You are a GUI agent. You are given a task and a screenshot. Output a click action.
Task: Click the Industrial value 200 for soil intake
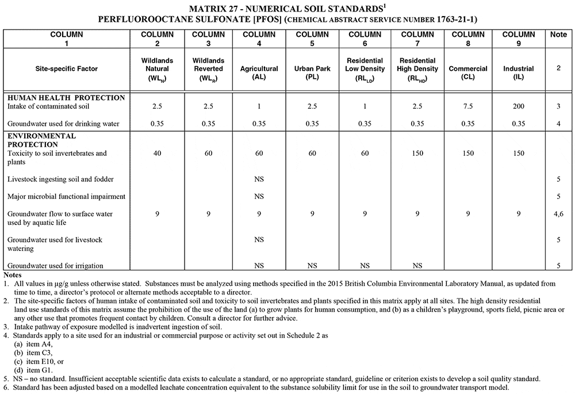[519, 106]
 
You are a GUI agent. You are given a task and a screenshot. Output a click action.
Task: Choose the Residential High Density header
[418, 69]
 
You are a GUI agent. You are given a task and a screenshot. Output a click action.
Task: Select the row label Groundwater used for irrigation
[56, 265]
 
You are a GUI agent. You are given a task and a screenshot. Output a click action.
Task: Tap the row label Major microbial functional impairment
[66, 196]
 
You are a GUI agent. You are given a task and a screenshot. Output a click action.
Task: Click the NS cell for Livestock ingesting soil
[259, 179]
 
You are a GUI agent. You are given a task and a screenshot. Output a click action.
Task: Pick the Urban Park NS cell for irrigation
[312, 266]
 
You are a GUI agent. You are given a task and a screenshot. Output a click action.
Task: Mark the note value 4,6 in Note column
[558, 214]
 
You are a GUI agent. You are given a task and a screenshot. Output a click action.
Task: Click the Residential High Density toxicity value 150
[418, 154]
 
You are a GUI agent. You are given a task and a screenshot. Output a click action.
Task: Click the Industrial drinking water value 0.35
[519, 124]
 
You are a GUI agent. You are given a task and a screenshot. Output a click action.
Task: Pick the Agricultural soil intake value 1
[259, 106]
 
